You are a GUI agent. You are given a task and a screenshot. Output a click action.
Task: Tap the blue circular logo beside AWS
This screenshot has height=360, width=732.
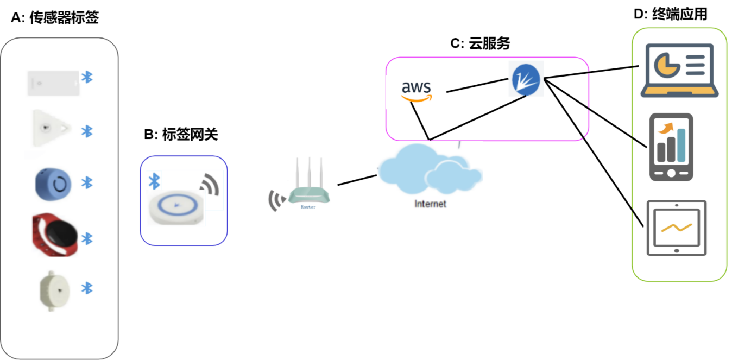(526, 79)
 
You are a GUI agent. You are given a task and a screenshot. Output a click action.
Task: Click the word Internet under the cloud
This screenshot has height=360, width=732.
(430, 204)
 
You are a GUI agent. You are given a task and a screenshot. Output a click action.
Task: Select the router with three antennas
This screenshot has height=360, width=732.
(308, 185)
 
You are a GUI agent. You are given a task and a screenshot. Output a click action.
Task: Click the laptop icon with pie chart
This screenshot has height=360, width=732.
(679, 71)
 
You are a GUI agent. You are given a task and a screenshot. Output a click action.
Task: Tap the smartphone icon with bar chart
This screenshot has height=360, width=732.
(671, 147)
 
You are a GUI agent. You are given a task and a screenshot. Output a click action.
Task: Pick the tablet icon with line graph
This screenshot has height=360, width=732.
(677, 228)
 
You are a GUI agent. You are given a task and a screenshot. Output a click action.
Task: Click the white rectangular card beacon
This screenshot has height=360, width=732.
(53, 83)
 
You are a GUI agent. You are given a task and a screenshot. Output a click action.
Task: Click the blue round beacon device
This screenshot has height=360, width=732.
(53, 183)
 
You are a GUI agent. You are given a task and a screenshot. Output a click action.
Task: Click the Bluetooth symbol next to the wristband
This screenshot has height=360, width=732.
(87, 238)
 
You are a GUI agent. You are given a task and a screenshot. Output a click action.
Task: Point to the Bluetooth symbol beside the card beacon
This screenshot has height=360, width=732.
(87, 77)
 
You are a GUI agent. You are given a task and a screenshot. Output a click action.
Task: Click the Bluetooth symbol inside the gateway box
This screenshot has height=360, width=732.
(155, 181)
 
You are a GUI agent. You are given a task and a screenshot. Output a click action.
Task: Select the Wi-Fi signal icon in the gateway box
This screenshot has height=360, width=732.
(209, 185)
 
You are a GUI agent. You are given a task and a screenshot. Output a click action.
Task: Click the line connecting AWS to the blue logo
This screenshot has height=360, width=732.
(477, 86)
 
